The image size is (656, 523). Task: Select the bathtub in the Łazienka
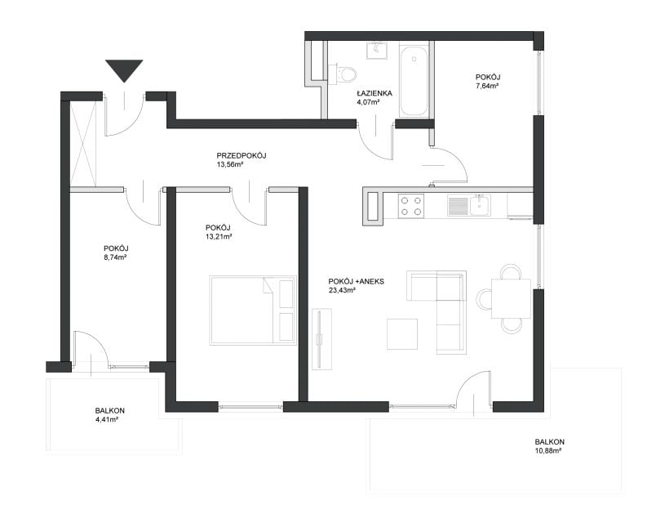coord(414,81)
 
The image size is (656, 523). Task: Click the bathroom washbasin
coord(379,51)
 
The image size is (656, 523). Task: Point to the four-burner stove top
coord(411,206)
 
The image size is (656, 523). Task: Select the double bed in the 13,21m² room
coord(253,310)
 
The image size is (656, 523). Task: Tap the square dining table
coord(512,299)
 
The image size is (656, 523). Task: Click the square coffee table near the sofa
coord(402,334)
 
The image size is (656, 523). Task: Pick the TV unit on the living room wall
coord(321,339)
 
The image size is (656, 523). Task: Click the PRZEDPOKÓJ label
coord(242,155)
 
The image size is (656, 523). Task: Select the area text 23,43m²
coord(342,290)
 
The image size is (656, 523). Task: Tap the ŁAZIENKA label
coord(375,93)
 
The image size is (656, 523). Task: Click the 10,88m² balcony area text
coord(548,450)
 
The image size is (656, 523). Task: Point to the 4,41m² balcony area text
coord(107,419)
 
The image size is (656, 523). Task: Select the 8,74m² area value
coord(115,257)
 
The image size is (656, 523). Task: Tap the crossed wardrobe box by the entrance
coord(83,144)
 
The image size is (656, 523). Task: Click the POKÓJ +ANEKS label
coord(356,281)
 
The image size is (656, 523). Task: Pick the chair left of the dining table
coord(484,299)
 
